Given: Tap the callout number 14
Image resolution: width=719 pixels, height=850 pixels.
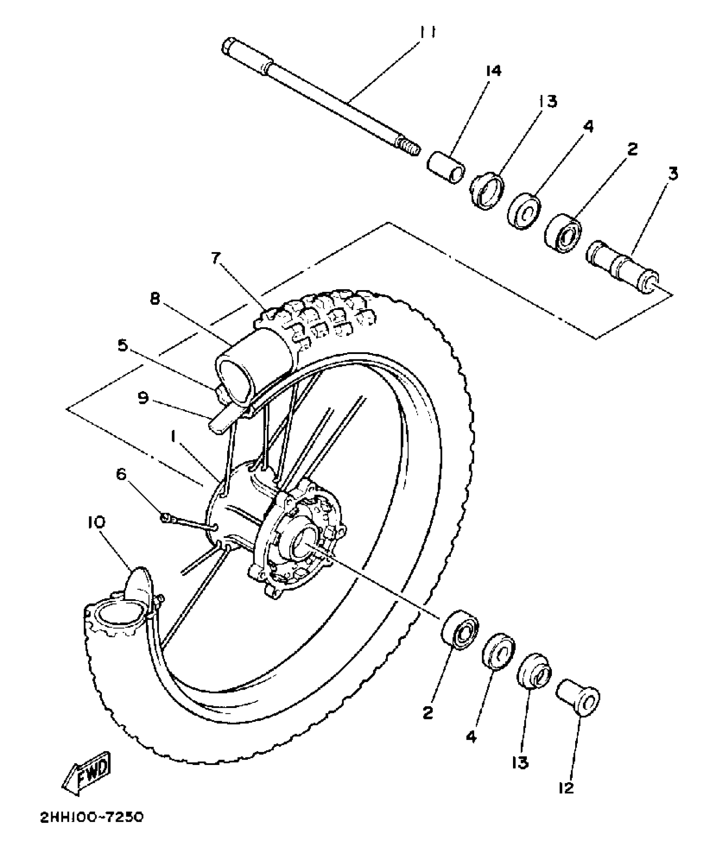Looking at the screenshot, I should [493, 71].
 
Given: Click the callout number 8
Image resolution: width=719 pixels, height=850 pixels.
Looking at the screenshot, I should [155, 299].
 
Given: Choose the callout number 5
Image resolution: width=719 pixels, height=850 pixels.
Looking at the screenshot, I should [122, 345].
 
